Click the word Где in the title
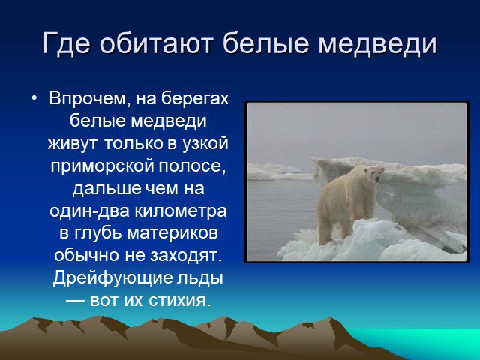pos(66,43)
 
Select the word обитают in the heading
pos(156,43)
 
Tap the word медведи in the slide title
pos(377,43)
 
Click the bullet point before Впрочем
pos(34,98)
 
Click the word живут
pos(72,143)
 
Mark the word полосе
pos(192,166)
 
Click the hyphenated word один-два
pos(89,211)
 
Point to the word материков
pos(172,233)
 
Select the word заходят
pos(186,256)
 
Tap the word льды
pos(200,278)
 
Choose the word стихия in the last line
pos(180,300)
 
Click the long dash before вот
pos(75,301)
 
